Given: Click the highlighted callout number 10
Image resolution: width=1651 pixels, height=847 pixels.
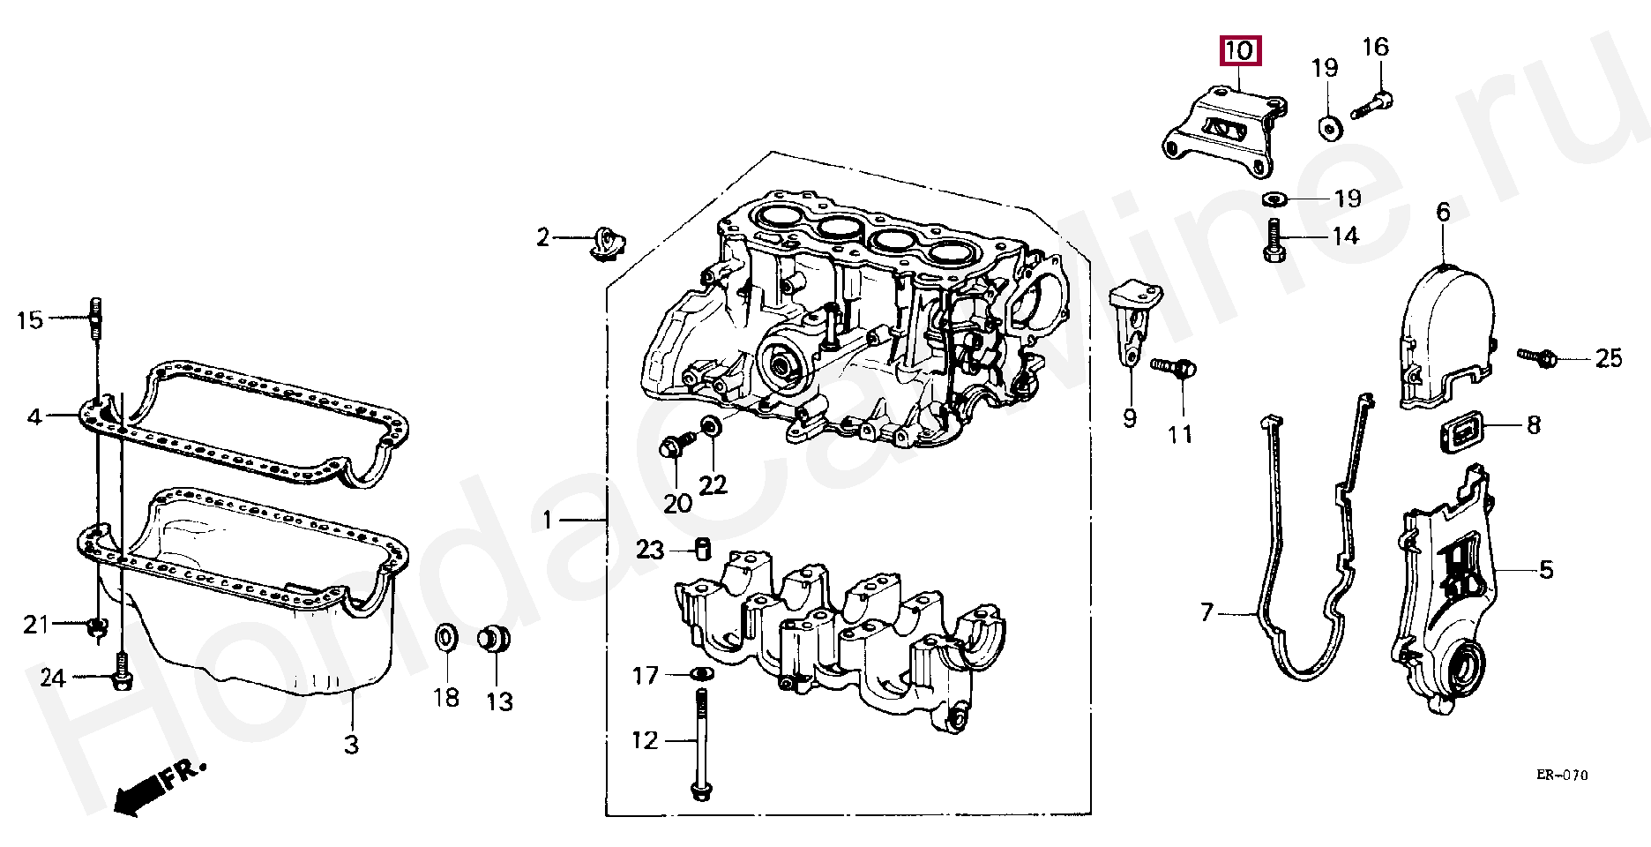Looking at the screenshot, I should [x=1240, y=51].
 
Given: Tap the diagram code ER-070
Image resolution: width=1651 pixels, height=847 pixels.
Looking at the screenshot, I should [x=1561, y=776].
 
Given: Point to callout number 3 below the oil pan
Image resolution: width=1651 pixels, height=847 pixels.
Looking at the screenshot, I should [x=351, y=745].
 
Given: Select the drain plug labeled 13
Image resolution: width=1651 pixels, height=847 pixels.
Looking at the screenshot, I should [x=496, y=639].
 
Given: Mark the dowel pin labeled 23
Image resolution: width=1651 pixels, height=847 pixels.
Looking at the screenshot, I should [x=703, y=548].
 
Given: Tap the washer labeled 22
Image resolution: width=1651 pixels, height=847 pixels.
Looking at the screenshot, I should [x=711, y=429].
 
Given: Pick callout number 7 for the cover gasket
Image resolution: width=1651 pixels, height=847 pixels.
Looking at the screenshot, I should [x=1207, y=611].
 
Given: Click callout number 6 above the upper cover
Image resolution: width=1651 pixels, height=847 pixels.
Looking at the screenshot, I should [x=1443, y=212].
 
